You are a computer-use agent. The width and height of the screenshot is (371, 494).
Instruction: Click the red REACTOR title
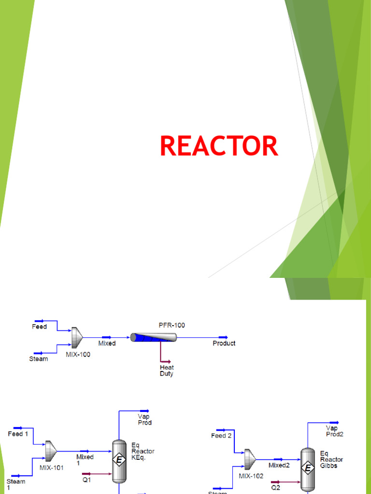219,146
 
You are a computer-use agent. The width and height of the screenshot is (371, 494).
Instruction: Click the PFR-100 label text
171,325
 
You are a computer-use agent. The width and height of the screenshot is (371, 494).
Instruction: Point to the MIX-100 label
78,354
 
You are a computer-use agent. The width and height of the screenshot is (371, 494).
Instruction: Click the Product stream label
224,343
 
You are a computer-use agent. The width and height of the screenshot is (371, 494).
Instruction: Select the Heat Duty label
167,370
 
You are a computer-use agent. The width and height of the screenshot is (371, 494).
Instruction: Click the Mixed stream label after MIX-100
107,343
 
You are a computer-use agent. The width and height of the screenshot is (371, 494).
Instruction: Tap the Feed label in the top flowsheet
39,327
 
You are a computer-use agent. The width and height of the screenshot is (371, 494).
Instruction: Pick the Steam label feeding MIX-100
39,359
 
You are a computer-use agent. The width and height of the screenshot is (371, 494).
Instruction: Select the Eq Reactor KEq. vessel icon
118,461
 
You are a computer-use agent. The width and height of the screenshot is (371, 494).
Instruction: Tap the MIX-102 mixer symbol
250,459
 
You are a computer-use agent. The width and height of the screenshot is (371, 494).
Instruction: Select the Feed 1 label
18,434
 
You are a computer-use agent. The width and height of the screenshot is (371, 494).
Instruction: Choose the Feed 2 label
221,436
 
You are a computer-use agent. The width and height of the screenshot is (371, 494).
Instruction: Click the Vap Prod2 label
334,431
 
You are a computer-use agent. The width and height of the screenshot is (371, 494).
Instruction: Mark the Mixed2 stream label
279,466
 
